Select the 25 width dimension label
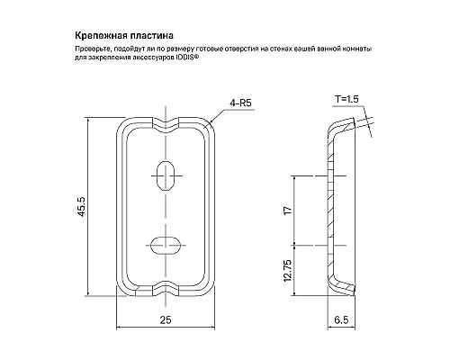coord(166,320)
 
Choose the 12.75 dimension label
coord(285,267)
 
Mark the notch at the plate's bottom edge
coord(166,291)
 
